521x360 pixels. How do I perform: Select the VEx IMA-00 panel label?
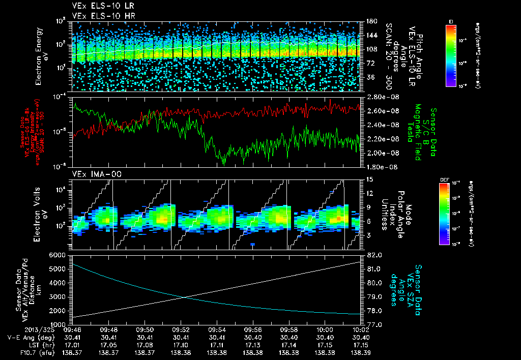(x=93, y=174)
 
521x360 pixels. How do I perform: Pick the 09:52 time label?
(x=182, y=329)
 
